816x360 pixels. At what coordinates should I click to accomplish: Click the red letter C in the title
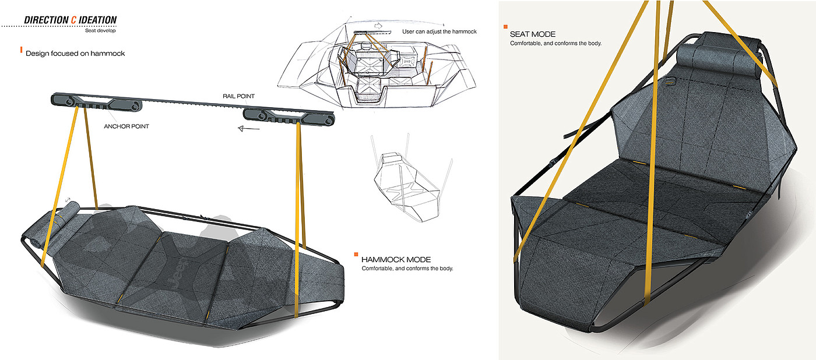(73, 20)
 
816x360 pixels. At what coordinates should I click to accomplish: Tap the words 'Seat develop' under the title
(100, 30)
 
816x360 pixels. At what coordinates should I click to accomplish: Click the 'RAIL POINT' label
(238, 96)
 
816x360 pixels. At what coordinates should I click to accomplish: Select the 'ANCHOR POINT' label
(126, 126)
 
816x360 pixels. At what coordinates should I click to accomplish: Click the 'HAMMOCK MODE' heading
(396, 260)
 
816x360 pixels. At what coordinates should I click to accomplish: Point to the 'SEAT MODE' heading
(533, 34)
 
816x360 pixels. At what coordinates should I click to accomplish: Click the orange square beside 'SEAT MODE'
(505, 27)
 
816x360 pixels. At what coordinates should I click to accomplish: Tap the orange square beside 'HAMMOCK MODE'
(356, 255)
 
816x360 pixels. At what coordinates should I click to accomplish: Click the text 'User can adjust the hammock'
(439, 31)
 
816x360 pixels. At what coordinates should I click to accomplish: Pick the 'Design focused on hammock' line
(75, 54)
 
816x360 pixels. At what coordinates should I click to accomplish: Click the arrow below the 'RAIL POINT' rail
(248, 128)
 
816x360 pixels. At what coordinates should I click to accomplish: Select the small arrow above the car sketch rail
(378, 26)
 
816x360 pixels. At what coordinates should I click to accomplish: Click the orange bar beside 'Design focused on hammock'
(21, 50)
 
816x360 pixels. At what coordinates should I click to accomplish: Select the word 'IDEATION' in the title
(98, 20)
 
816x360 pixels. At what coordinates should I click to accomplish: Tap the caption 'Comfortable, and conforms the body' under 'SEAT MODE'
(555, 43)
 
